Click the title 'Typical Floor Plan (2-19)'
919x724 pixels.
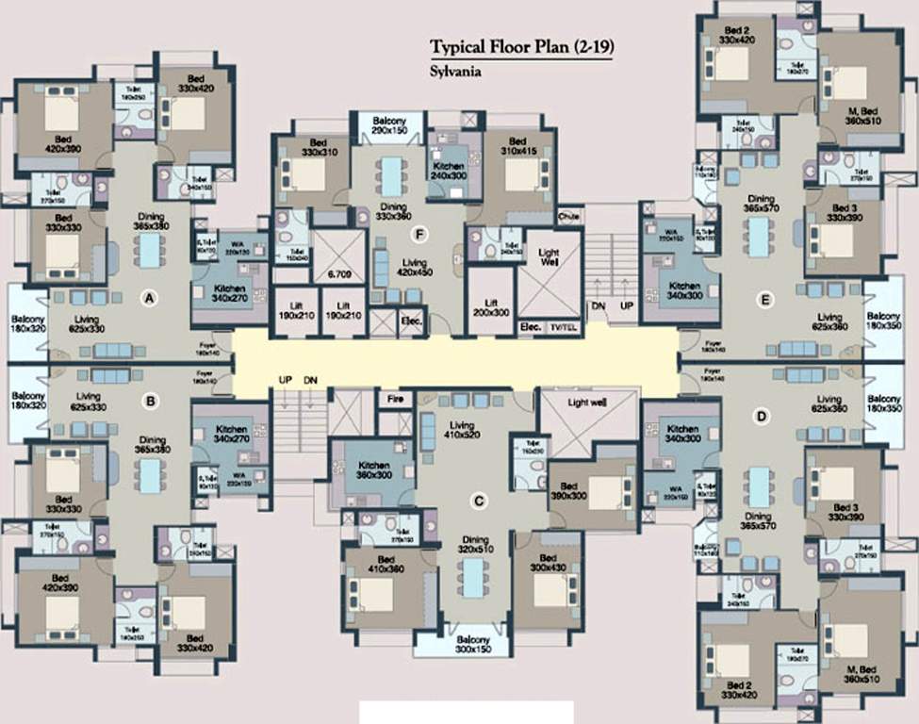point(520,48)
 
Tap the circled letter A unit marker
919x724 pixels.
point(148,299)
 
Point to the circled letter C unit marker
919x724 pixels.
point(479,502)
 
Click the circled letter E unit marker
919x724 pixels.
point(766,300)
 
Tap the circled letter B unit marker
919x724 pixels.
point(149,401)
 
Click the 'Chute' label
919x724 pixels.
point(569,213)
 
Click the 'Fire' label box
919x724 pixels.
point(396,400)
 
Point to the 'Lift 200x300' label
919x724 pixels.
point(490,306)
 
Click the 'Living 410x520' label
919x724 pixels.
point(462,431)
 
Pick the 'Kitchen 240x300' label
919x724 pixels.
point(449,168)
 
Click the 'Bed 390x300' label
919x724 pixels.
point(568,489)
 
